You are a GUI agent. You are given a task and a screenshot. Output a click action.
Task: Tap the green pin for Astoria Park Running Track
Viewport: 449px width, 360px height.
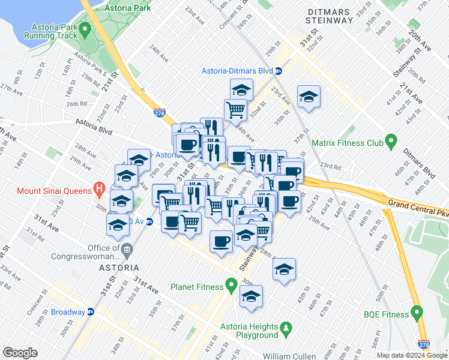85,29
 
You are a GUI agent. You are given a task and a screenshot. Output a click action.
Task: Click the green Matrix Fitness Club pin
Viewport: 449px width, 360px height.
391,143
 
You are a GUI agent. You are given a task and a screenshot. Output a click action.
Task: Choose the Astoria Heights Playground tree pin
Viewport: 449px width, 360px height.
286,328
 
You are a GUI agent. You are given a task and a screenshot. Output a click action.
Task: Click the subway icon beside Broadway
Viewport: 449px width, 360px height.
91,312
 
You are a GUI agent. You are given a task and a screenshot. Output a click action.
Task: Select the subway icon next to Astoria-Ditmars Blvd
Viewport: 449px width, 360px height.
279,71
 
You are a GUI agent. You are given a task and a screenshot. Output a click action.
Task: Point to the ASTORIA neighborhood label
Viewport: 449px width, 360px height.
120,267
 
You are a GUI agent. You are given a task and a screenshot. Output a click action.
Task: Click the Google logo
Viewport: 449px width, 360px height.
20,353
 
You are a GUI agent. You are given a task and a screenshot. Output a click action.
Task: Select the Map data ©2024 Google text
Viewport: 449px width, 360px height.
412,355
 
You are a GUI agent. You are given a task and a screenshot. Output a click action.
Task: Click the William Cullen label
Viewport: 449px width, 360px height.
289,356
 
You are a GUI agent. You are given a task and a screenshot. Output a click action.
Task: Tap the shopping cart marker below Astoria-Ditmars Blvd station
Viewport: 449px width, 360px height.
235,110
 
